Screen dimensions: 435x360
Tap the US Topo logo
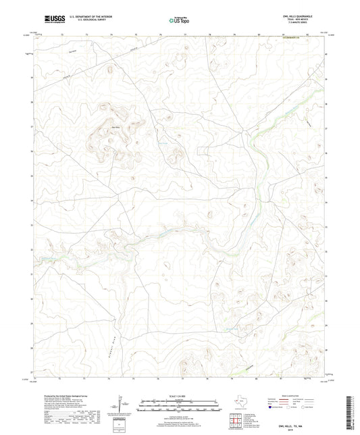point(179,20)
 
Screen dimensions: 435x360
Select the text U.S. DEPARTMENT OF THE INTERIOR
point(86,16)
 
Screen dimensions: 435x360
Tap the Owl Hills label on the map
point(115,126)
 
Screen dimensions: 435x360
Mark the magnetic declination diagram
point(121,404)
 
